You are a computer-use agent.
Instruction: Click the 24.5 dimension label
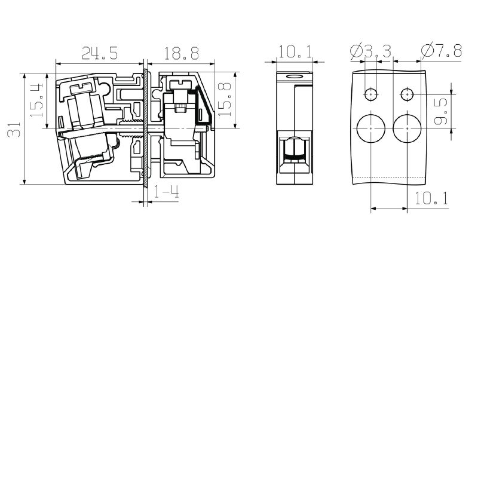point(100,53)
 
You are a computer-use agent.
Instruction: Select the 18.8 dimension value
point(182,53)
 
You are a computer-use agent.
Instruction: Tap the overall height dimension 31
point(14,129)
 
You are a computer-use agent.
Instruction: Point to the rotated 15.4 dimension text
point(36,100)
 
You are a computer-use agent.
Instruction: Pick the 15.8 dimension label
point(225,99)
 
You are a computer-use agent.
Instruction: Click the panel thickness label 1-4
point(166,192)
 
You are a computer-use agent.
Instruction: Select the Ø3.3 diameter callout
point(370,51)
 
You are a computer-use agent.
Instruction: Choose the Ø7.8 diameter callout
point(442,51)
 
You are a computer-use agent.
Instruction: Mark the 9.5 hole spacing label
point(441,111)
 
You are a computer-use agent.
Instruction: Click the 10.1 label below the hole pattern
point(431,198)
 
